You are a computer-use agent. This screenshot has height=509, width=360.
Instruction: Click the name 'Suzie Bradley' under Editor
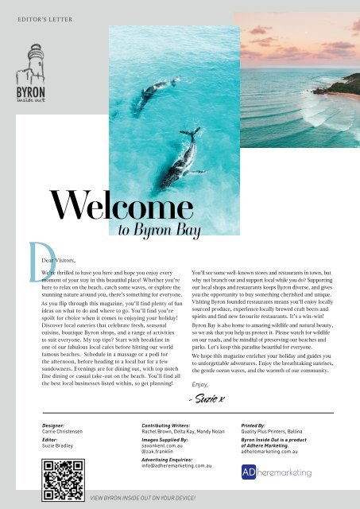coord(60,450)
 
